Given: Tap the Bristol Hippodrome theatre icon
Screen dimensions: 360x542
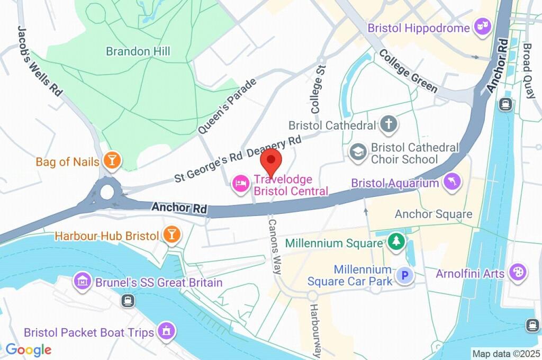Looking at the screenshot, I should pyautogui.click(x=482, y=28).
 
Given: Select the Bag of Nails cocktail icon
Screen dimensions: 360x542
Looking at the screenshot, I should pyautogui.click(x=112, y=161).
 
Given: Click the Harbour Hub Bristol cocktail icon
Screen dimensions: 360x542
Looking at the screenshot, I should pyautogui.click(x=171, y=236).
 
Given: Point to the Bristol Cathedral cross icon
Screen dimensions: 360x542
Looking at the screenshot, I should pyautogui.click(x=389, y=125).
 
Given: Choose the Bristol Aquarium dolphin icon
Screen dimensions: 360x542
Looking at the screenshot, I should pyautogui.click(x=453, y=183).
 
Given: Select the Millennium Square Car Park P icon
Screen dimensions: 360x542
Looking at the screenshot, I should pyautogui.click(x=405, y=275).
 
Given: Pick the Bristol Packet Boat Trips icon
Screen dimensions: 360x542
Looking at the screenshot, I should pyautogui.click(x=167, y=332).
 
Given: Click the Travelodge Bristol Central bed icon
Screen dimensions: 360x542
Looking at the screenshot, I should pyautogui.click(x=241, y=184).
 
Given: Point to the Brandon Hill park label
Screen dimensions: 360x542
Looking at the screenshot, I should pyautogui.click(x=138, y=51).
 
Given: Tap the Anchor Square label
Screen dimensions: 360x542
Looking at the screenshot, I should pyautogui.click(x=433, y=214).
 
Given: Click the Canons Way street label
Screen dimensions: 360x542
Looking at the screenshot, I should pyautogui.click(x=274, y=246).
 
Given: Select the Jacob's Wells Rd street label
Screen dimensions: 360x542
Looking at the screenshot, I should pyautogui.click(x=40, y=60).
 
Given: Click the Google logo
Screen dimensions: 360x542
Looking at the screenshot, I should pyautogui.click(x=28, y=349).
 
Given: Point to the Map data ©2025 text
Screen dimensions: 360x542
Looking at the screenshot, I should pyautogui.click(x=505, y=353).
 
